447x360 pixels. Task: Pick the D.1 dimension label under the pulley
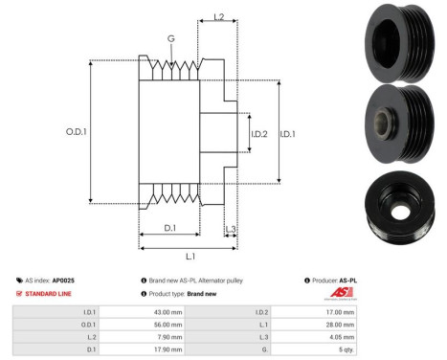(x=168, y=227)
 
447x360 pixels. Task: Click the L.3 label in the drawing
(x=231, y=227)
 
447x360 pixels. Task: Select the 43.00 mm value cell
(x=168, y=313)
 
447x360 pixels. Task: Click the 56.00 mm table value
(x=168, y=325)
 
